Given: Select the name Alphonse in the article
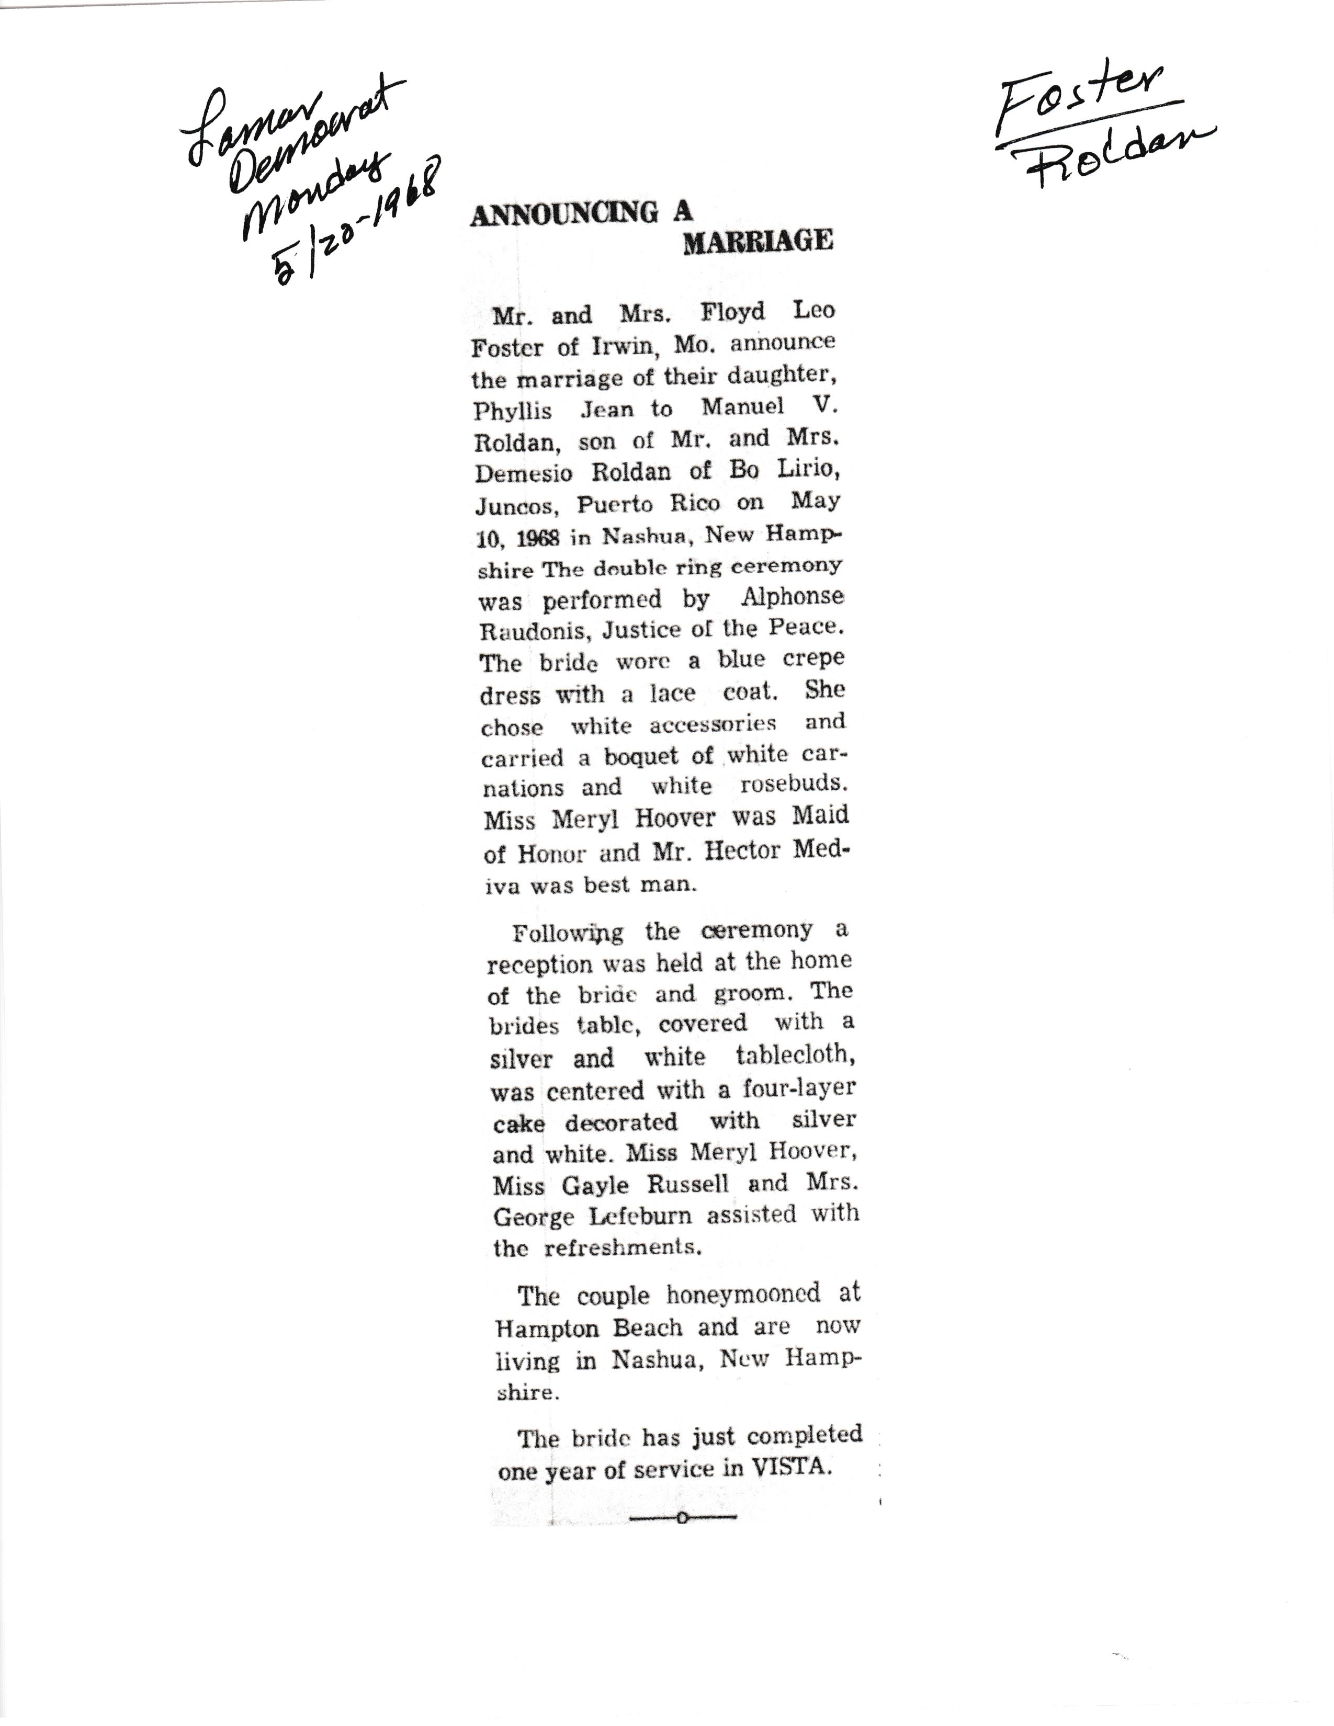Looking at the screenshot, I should tap(792, 597).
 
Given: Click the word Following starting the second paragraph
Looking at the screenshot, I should tap(568, 933).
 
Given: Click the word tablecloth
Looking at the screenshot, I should tap(794, 1056).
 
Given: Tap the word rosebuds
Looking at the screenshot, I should tap(793, 787).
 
